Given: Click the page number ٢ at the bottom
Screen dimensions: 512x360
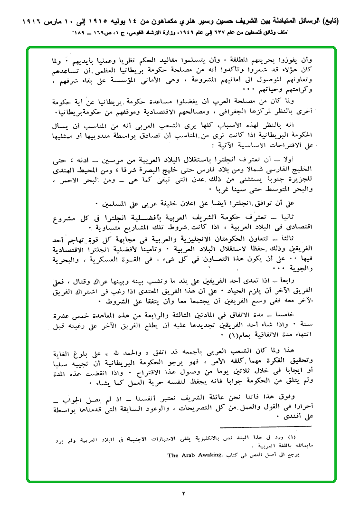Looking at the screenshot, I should pos(181,493).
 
